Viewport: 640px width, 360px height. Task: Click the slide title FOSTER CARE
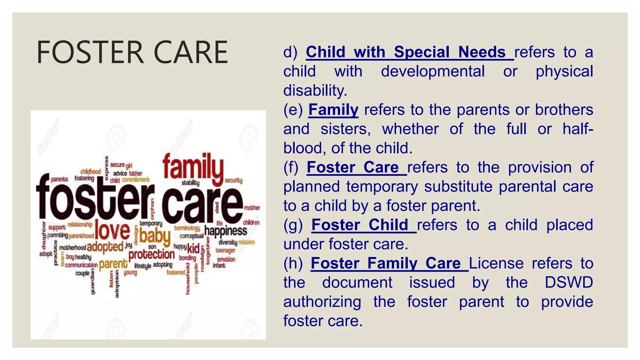(132, 52)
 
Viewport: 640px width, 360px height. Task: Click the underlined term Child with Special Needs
(405, 52)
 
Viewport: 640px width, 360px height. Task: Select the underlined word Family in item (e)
(333, 110)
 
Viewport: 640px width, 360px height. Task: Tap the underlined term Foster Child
(360, 225)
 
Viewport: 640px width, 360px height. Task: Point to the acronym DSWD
(568, 282)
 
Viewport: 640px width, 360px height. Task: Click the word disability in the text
(315, 90)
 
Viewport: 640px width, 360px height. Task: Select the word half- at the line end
(577, 129)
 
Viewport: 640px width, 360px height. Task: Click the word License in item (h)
(496, 263)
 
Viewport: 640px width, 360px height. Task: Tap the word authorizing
(322, 302)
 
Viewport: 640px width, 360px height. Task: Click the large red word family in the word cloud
(193, 168)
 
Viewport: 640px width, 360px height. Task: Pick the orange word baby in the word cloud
(155, 236)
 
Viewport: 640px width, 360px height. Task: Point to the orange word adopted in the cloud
(105, 247)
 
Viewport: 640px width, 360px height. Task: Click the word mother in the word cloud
(252, 208)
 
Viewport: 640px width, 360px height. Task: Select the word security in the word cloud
(234, 180)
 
